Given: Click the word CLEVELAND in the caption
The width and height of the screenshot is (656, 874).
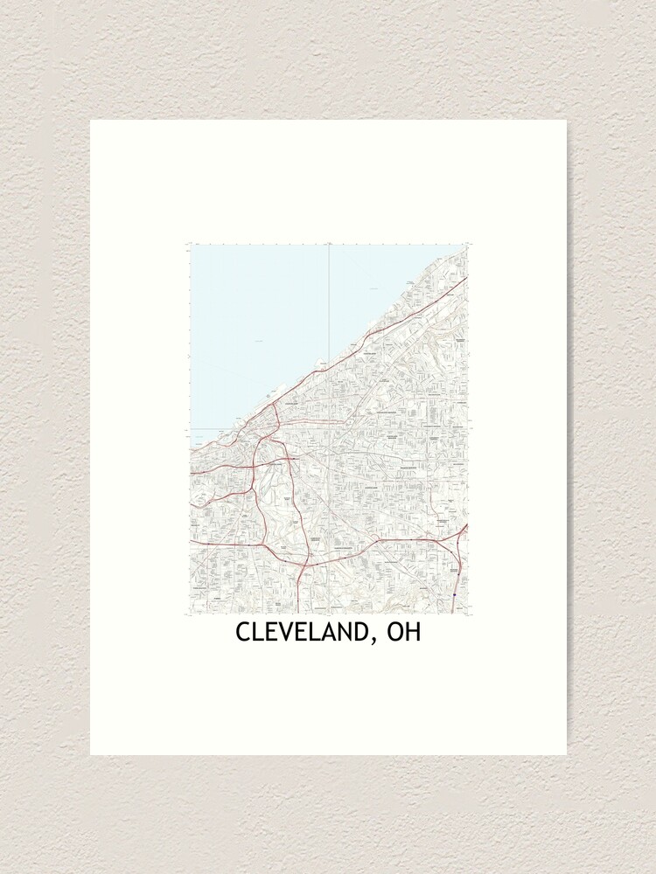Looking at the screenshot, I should pos(298,633).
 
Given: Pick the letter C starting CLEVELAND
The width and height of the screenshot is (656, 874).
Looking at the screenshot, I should pos(241,633).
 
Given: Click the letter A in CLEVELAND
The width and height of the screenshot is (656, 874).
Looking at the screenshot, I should pos(330,633).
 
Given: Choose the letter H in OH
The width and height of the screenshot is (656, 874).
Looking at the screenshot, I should pos(413,633).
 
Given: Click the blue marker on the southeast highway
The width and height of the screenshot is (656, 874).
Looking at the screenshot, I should pos(455,594).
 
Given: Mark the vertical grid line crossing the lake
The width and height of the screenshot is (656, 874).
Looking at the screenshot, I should pos(328,306).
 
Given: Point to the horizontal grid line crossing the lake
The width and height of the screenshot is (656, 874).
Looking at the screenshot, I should pos(210,429).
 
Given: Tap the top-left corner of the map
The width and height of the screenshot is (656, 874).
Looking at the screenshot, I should pos(191,246).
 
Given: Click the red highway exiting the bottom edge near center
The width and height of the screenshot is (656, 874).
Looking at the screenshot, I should pos(299,603).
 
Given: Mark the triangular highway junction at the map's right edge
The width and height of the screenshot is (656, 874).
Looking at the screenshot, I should pos(460,533).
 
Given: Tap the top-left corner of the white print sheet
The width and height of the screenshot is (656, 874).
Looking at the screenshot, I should pos(91,121).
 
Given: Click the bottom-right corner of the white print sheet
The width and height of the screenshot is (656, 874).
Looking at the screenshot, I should pos(566,754).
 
